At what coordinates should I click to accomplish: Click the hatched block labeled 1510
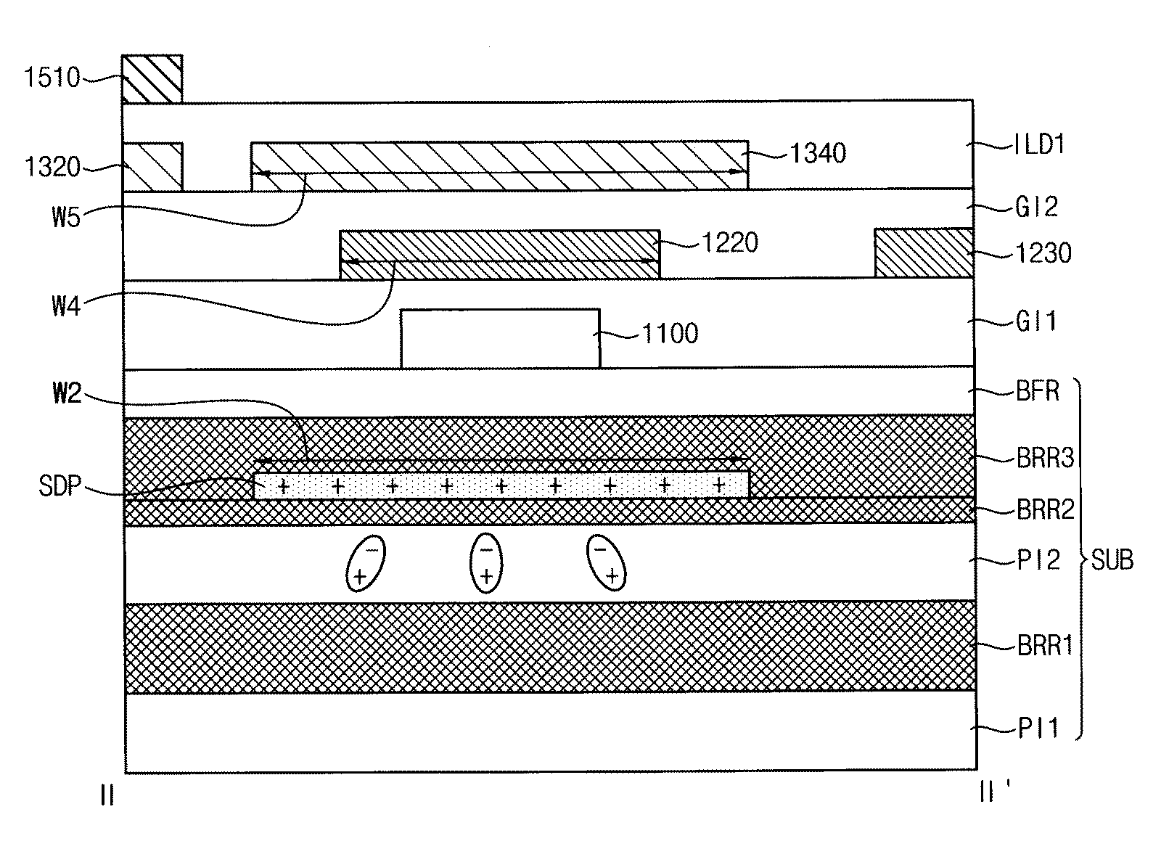(152, 79)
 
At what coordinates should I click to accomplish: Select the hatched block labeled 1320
(152, 167)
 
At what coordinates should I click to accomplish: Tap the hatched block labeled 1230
(924, 253)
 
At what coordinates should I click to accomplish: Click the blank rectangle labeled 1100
(501, 339)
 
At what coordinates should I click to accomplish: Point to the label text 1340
(818, 153)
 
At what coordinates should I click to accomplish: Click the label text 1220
(730, 242)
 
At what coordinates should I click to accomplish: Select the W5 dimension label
(66, 216)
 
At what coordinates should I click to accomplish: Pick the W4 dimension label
(66, 305)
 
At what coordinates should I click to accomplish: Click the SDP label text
(60, 486)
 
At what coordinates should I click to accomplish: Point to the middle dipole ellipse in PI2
(486, 563)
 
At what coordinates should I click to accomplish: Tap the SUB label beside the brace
(1112, 560)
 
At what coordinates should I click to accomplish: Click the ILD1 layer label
(1040, 144)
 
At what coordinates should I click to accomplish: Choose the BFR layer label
(1038, 391)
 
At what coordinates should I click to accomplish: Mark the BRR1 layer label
(1046, 646)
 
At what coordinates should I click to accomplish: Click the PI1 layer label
(1038, 729)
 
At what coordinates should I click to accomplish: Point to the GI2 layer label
(1036, 207)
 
